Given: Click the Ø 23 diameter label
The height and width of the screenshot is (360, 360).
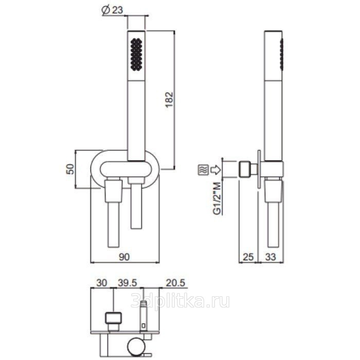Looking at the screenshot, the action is pos(112,10).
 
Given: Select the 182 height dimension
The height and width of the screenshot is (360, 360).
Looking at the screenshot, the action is pos(169,100).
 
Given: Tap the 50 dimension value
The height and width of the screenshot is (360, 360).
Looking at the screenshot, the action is pos(71,169).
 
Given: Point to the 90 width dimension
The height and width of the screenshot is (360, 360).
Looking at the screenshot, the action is pos(124,257).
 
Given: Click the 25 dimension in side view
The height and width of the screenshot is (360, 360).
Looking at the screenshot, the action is pos(248,257).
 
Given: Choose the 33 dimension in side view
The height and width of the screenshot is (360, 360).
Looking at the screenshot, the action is pos(271,257).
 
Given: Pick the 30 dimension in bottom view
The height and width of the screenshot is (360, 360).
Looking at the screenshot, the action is pos(101,283).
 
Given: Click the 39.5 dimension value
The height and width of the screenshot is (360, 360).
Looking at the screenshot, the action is pos(128,283).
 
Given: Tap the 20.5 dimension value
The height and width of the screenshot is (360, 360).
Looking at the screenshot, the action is pos(175,283).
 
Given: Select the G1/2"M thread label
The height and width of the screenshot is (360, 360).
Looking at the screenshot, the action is pos(217,198).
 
